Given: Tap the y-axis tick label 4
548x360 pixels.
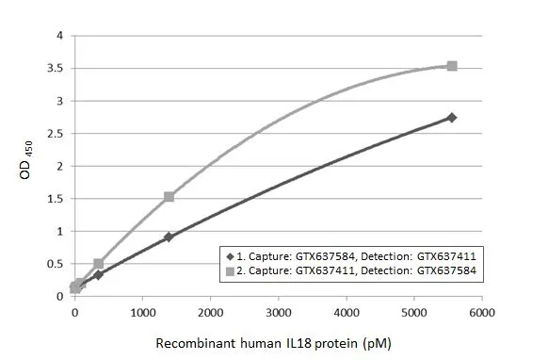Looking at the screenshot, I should click(60, 36).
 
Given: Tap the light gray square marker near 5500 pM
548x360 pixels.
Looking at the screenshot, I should click(452, 66).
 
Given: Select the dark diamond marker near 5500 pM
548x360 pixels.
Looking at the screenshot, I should click(452, 117).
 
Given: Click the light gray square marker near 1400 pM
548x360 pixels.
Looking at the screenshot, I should click(169, 197).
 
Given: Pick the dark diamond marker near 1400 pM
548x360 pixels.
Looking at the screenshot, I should click(169, 237).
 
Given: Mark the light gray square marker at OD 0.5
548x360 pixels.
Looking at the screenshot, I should click(99, 264).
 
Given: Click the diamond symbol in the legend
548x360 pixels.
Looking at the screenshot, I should click(228, 255).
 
